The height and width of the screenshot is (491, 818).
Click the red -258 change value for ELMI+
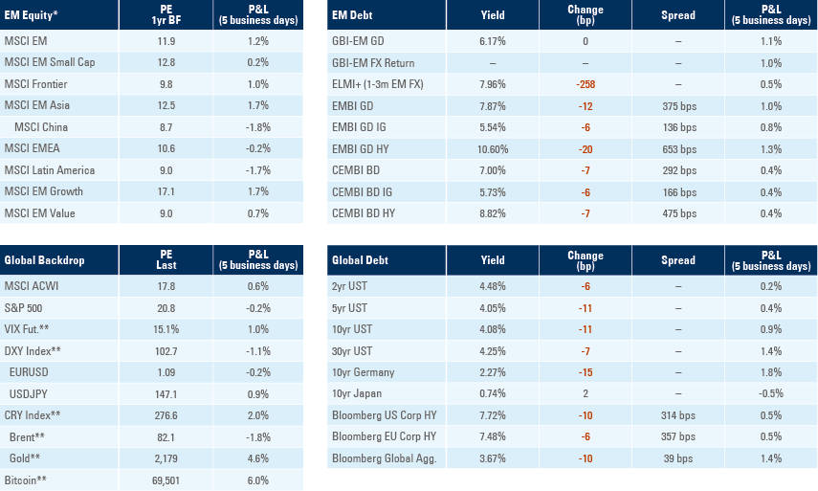(x=586, y=83)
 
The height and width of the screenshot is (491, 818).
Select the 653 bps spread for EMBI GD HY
(x=677, y=148)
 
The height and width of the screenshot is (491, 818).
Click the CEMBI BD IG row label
(x=364, y=191)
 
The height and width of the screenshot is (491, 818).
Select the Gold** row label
(x=28, y=458)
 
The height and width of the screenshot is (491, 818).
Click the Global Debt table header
(x=357, y=259)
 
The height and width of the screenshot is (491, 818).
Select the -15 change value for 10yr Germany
(x=586, y=371)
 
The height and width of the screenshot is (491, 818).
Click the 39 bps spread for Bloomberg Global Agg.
(x=677, y=458)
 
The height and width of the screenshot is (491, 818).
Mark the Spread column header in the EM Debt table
(x=677, y=16)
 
